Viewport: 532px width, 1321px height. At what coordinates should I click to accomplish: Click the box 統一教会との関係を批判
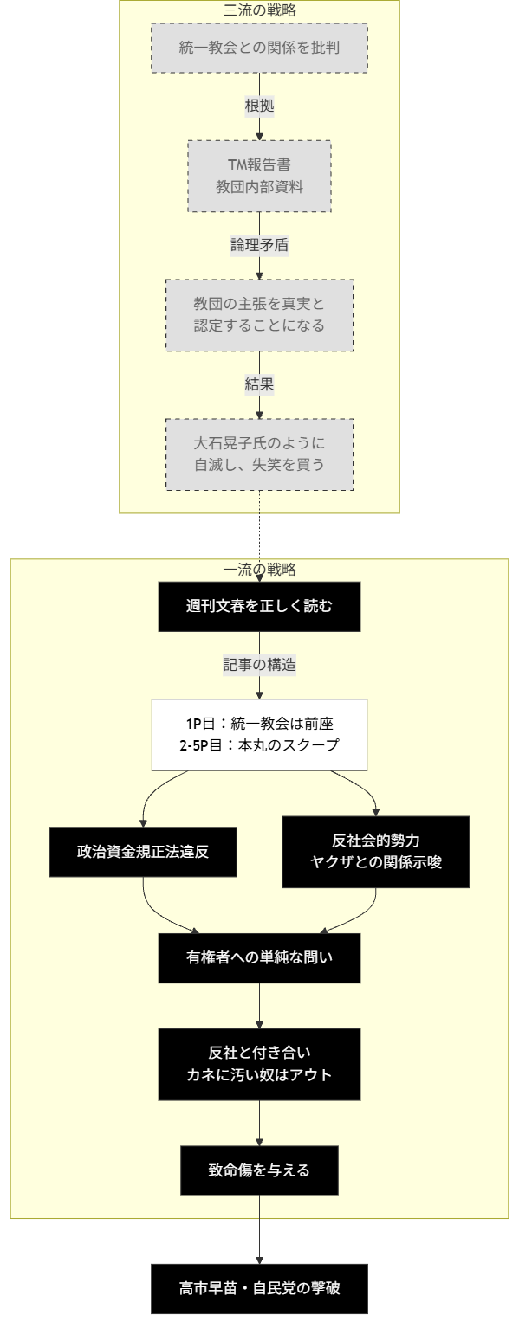tap(259, 48)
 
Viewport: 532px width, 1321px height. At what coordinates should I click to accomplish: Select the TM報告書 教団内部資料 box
tap(259, 176)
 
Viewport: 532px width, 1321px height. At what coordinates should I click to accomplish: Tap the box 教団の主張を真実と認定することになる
tap(259, 315)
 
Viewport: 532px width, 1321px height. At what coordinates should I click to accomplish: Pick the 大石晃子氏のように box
tap(259, 454)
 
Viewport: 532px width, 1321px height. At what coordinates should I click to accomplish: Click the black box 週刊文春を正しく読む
tap(259, 606)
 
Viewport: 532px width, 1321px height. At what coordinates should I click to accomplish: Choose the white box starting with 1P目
tap(259, 734)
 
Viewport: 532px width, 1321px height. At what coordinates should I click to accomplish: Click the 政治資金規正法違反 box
tap(142, 851)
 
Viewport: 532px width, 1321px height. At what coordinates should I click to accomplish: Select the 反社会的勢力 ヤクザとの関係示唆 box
tap(376, 851)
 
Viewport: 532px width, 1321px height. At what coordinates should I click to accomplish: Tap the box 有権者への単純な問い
tap(259, 957)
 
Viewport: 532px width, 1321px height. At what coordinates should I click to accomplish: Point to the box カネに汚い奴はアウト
tap(259, 1064)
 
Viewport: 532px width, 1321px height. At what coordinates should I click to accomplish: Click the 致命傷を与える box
tap(259, 1170)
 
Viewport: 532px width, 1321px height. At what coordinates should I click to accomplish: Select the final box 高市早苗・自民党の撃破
tap(259, 1289)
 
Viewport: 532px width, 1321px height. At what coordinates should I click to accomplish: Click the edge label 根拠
tap(259, 106)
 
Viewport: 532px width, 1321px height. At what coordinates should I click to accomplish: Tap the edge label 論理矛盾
tap(259, 245)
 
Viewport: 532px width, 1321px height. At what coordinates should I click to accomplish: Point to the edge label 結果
tap(259, 384)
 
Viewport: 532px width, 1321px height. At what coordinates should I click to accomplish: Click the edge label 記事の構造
tap(259, 665)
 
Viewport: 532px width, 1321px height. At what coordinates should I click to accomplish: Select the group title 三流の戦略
tap(259, 10)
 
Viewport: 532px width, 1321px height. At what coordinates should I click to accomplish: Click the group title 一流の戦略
tap(259, 570)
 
